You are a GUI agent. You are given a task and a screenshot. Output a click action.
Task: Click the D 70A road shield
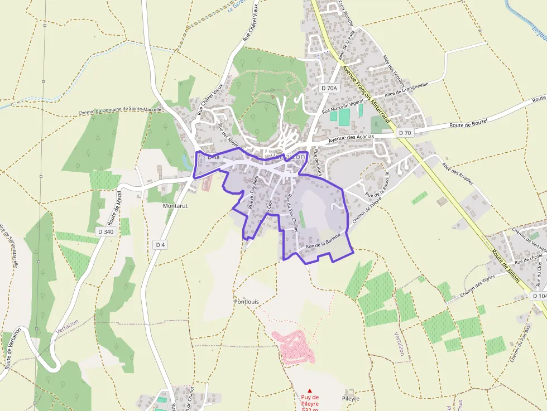330,88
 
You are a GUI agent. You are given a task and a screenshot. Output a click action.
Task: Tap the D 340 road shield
105,231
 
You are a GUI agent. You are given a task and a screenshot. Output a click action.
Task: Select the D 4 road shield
161,245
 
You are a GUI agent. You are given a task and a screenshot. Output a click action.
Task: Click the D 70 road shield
405,133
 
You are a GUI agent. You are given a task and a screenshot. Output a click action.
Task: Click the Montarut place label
175,206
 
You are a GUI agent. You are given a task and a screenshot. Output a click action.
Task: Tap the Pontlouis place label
246,301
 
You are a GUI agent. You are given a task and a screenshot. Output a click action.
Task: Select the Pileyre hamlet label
351,399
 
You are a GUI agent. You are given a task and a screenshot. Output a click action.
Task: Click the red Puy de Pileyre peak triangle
310,390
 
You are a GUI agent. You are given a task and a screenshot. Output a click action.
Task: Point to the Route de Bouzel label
468,123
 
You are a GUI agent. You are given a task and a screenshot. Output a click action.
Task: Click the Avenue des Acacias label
351,138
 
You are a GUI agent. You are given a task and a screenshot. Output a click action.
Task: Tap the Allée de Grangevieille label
406,88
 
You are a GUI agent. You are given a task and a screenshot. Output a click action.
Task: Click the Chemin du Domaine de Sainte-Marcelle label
120,111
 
